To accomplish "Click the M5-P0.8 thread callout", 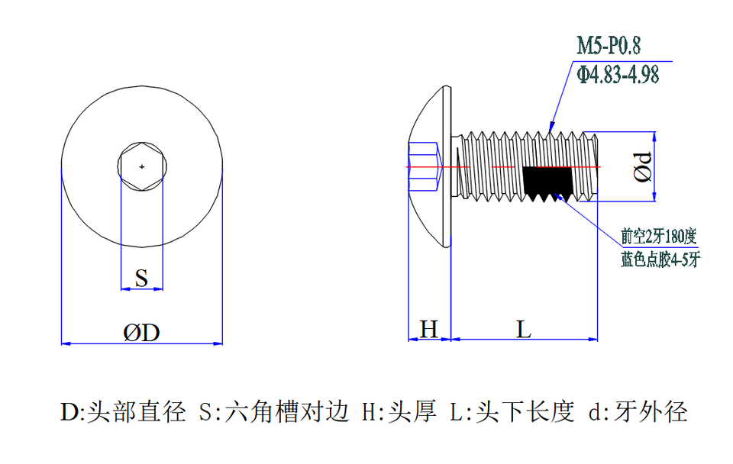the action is [608, 46].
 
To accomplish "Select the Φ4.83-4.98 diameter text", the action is [618, 74].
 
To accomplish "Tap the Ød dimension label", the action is [644, 166].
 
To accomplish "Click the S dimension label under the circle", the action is [141, 279].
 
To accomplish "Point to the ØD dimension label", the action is [141, 333].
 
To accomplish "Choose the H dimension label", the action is [430, 330].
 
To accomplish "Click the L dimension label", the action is [523, 330].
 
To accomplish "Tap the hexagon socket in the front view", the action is [141, 166].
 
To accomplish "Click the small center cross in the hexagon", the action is [141, 166].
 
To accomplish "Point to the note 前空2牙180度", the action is [658, 234].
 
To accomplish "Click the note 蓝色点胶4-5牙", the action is [660, 259].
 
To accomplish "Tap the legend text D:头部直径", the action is [124, 412].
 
